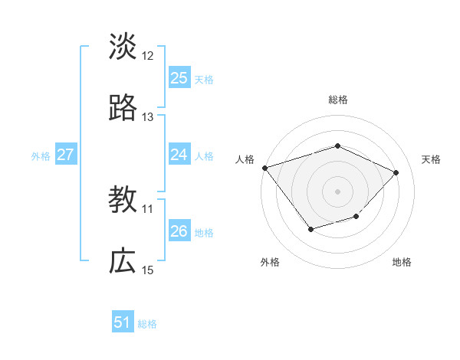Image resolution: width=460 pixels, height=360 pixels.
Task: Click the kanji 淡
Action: [123, 47]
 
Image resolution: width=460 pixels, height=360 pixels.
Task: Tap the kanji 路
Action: [123, 109]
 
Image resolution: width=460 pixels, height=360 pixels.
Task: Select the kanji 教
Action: [123, 201]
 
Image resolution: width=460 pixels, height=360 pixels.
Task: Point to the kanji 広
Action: [123, 262]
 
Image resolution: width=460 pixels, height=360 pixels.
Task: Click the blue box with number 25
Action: [179, 78]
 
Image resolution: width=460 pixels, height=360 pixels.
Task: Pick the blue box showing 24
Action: [179, 155]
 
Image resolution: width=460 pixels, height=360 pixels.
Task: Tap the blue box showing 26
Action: [179, 231]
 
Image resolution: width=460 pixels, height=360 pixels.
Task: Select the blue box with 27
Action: [66, 155]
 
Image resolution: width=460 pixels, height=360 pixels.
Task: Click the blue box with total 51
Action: [123, 322]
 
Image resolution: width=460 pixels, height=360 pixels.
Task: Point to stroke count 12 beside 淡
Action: [148, 56]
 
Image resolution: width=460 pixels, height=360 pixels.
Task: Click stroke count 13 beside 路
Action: [148, 117]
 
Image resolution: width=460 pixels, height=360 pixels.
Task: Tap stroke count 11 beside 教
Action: [148, 208]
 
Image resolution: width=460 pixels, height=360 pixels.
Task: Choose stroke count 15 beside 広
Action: [148, 270]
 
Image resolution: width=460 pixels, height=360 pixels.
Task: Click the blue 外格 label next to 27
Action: [41, 155]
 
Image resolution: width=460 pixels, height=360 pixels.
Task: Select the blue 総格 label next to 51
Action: [147, 323]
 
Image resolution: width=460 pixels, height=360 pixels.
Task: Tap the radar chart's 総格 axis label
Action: [337, 100]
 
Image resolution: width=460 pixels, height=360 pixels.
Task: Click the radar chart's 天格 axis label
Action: [431, 159]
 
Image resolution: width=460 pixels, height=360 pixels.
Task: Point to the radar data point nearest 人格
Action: [264, 168]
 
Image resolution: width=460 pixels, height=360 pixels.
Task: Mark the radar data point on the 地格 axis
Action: [356, 217]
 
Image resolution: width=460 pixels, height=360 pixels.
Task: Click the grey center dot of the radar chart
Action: [337, 191]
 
